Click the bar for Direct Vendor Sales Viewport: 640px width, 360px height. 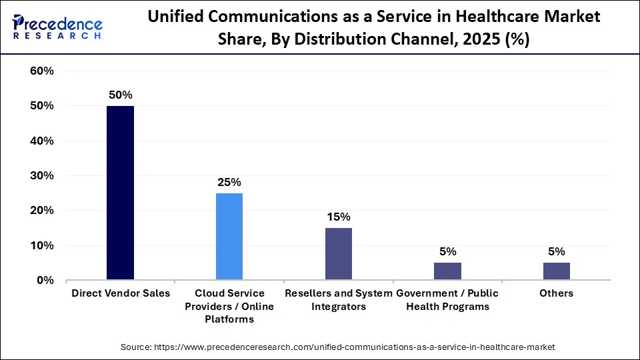(120, 193)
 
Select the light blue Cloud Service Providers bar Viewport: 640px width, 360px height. (229, 237)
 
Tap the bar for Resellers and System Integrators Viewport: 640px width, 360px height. (339, 254)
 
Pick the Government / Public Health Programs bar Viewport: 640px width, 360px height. (447, 271)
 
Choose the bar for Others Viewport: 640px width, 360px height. (557, 271)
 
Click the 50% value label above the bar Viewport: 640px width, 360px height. (120, 95)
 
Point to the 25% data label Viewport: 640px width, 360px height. (229, 182)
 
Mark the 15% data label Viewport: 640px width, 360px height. (339, 217)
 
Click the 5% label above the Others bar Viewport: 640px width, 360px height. (557, 251)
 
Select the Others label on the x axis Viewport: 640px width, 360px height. (557, 293)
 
